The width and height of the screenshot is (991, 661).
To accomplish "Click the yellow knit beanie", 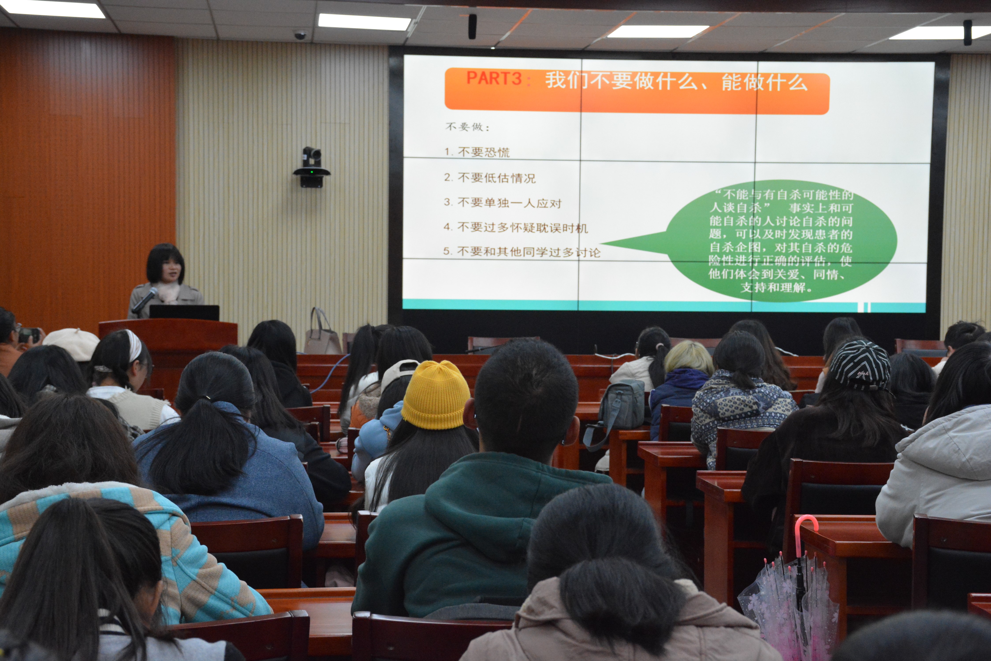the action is (x=436, y=395).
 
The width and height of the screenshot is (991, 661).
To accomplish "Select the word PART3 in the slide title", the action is (x=494, y=78).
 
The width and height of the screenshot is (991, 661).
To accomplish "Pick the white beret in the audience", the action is (x=72, y=343).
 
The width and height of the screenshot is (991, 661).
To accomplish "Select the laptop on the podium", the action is (x=184, y=312).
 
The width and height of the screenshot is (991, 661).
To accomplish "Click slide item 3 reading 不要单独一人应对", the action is (x=503, y=203).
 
